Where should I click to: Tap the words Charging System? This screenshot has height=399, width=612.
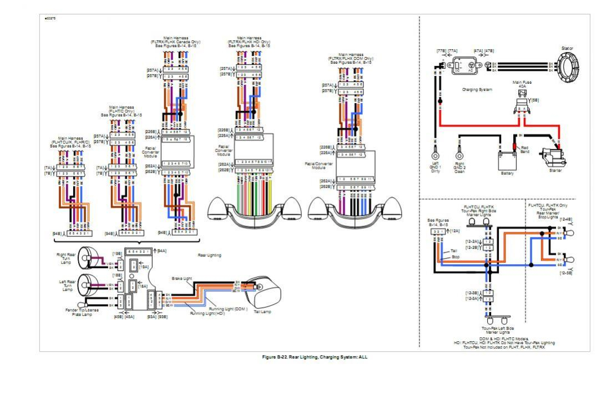[477, 89]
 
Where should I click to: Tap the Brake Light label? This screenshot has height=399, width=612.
[180, 278]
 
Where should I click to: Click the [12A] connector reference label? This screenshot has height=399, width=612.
[456, 230]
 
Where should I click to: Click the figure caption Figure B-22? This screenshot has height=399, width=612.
[315, 357]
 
